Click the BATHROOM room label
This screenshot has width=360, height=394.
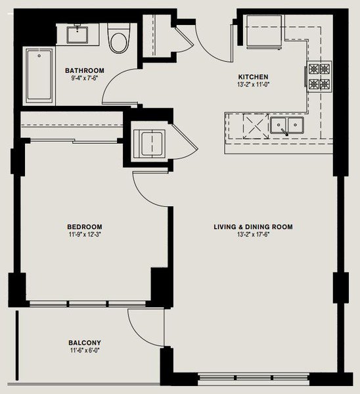click(x=85, y=71)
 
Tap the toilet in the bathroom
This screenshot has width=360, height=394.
click(x=119, y=38)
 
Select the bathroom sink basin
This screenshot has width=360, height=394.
click(x=77, y=35)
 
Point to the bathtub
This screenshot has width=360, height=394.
click(x=39, y=76)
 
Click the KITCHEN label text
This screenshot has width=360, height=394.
click(x=253, y=77)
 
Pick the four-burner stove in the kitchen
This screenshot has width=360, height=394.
click(x=319, y=77)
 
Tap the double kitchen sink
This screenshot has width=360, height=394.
click(x=287, y=125)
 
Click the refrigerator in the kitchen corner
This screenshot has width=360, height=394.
click(x=263, y=32)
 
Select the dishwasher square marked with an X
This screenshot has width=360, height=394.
click(x=256, y=126)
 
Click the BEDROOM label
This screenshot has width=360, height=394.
click(x=85, y=227)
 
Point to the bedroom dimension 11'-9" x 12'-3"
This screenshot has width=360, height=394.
click(x=85, y=234)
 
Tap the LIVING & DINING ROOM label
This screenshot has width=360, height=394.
click(x=253, y=227)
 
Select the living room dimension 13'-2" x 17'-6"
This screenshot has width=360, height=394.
click(x=254, y=234)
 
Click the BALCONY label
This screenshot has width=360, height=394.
click(x=85, y=343)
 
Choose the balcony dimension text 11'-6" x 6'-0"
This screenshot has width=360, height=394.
click(x=85, y=351)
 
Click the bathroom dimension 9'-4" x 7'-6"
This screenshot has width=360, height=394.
click(x=85, y=78)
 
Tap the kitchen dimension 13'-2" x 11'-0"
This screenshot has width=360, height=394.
click(x=253, y=85)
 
